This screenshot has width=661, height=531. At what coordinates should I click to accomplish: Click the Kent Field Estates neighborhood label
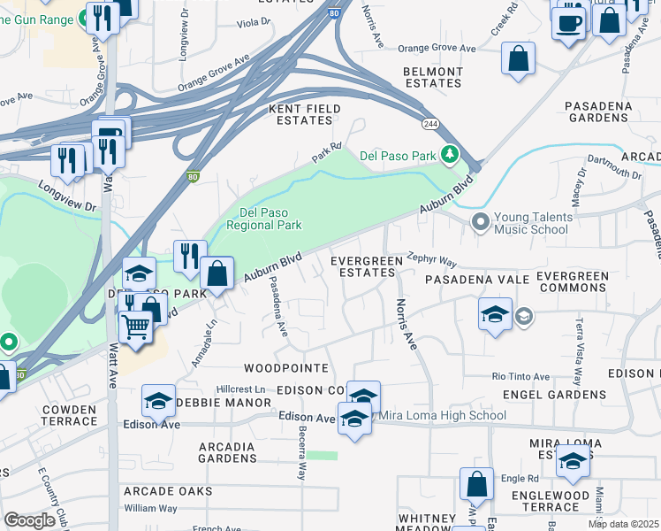[300, 114]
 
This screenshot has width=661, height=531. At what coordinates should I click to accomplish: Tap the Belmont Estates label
[432, 77]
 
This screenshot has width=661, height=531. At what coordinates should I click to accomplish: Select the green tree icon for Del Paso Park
[451, 156]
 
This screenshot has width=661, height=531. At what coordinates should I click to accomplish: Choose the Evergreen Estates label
[362, 266]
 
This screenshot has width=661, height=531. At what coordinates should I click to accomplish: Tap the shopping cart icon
[136, 327]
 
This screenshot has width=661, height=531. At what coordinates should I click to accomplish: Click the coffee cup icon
[568, 21]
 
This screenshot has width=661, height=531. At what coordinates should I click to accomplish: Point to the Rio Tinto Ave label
[521, 376]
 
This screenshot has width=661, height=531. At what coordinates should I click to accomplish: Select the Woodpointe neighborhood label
[286, 367]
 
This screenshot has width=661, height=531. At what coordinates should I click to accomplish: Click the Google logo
[29, 519]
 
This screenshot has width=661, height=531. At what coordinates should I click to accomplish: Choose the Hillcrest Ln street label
[241, 389]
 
